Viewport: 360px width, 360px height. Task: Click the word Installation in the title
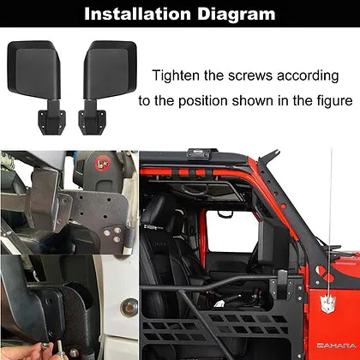[137, 14]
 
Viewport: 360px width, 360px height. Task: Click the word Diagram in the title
[237, 15]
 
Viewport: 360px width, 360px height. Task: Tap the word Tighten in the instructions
[176, 75]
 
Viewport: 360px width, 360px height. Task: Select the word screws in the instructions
[250, 76]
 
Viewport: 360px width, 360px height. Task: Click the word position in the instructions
[202, 101]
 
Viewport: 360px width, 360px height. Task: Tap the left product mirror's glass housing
[34, 69]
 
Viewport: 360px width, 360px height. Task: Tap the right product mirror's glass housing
[111, 69]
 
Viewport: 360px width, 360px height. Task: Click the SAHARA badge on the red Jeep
[336, 345]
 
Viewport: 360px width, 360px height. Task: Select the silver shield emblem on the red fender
[327, 303]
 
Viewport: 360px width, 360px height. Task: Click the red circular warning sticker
[100, 164]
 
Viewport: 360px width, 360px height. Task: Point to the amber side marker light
[129, 308]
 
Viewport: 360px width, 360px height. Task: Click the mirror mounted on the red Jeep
[272, 242]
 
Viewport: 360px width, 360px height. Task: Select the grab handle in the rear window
[225, 214]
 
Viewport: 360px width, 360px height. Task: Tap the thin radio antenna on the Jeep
[329, 223]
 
